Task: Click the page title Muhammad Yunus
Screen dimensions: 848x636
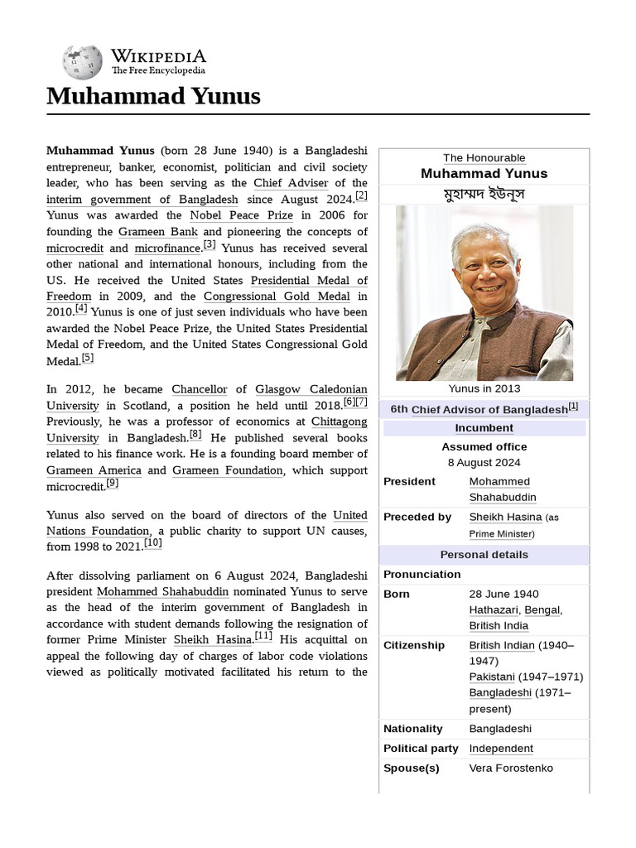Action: (x=153, y=96)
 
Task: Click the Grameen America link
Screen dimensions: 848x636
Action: (x=94, y=470)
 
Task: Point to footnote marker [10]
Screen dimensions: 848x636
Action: (x=153, y=542)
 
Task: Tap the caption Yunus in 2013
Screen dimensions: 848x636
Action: (x=484, y=388)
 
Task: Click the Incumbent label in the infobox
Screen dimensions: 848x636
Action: (x=484, y=428)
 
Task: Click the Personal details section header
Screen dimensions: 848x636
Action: (x=484, y=555)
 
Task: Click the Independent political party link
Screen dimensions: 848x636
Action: (x=501, y=749)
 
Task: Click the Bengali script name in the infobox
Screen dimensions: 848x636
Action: (x=484, y=194)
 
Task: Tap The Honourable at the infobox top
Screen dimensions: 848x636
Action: (x=484, y=158)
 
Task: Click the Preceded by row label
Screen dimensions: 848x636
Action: (x=417, y=517)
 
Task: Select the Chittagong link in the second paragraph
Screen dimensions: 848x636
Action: (x=339, y=422)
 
